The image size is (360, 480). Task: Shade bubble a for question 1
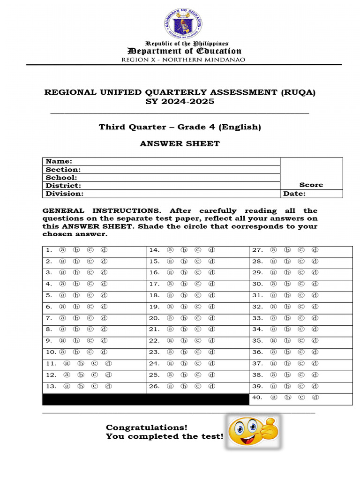point(62,250)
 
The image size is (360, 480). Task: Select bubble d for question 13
point(108,386)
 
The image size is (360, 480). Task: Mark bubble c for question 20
point(198,318)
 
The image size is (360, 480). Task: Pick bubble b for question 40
point(287,397)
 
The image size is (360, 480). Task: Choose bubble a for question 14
point(170,250)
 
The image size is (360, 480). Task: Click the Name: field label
point(59,161)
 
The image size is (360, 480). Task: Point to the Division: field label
point(64,193)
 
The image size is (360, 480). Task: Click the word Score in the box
point(311,185)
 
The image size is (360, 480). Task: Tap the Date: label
point(294,193)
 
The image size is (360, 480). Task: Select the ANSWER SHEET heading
point(180,144)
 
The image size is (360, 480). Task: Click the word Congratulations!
point(146,427)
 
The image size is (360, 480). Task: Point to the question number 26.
point(154,386)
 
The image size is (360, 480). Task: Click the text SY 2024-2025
point(180,102)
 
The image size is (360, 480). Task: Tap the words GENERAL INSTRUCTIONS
point(101,211)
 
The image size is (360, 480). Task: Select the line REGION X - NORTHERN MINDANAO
point(183,60)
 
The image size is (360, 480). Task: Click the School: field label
point(61,177)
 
